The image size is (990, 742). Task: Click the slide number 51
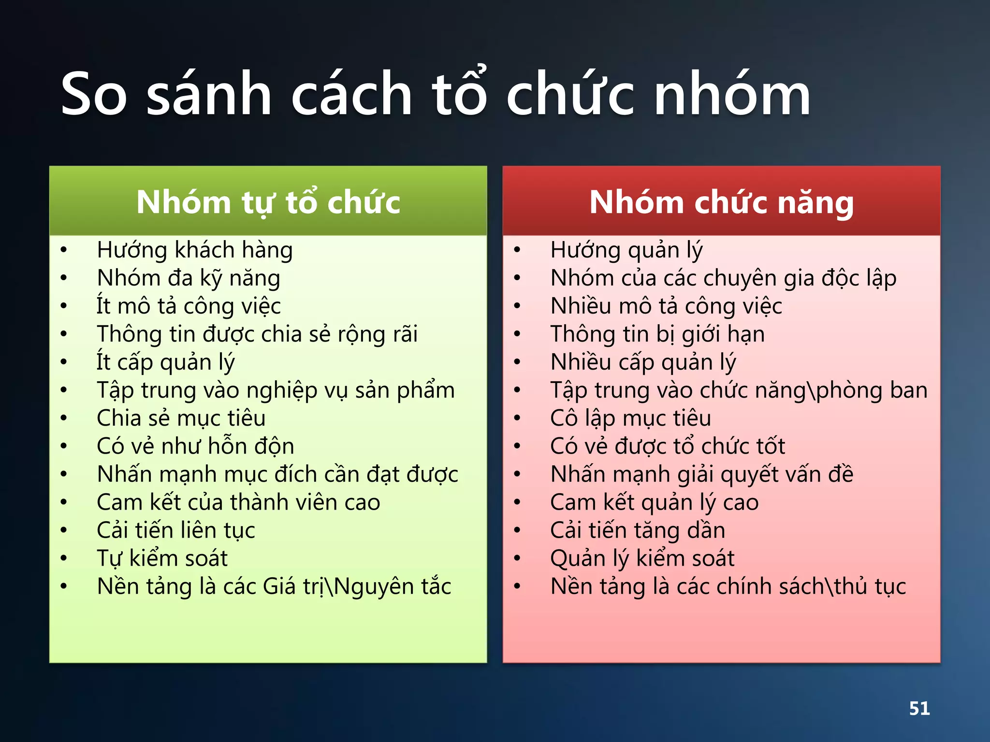pyautogui.click(x=919, y=708)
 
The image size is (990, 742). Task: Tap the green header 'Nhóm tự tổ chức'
pyautogui.click(x=268, y=202)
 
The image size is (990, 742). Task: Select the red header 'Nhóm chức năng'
pyautogui.click(x=721, y=202)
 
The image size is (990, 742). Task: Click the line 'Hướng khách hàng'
pyautogui.click(x=195, y=250)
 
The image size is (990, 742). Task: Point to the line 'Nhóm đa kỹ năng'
pyautogui.click(x=189, y=278)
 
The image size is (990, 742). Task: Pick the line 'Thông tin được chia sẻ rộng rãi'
pyautogui.click(x=257, y=334)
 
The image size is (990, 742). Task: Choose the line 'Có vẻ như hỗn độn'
pyautogui.click(x=195, y=446)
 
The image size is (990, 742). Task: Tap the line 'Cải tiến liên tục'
pyautogui.click(x=176, y=530)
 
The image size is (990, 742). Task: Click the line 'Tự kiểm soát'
pyautogui.click(x=162, y=558)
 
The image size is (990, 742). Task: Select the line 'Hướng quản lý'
pyautogui.click(x=626, y=250)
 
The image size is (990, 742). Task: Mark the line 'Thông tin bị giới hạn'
pyautogui.click(x=657, y=334)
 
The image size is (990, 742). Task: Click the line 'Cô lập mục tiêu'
pyautogui.click(x=631, y=418)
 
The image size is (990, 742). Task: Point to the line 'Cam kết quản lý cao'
pyautogui.click(x=655, y=502)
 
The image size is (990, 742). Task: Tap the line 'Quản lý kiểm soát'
pyautogui.click(x=642, y=558)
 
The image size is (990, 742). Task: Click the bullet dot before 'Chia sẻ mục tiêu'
pyautogui.click(x=63, y=418)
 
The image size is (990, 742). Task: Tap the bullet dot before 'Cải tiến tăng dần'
pyautogui.click(x=517, y=530)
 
